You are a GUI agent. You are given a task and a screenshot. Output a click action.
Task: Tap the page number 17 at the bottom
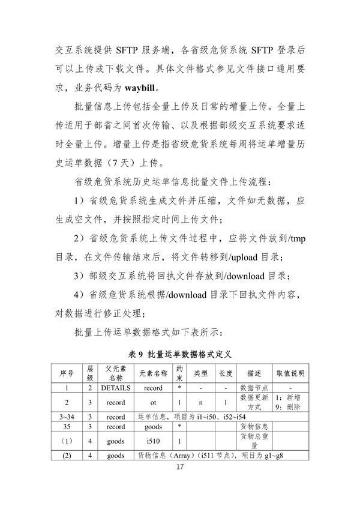pyautogui.click(x=179, y=467)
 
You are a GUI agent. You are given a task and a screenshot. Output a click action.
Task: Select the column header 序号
pyautogui.click(x=67, y=373)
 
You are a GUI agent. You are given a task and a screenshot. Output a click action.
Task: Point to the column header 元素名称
pyautogui.click(x=153, y=373)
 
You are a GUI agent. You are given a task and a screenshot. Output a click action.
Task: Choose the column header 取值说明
pyautogui.click(x=290, y=373)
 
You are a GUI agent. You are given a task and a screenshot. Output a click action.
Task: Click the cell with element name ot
pyautogui.click(x=153, y=402)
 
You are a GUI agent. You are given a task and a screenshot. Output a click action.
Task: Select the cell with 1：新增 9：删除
pyautogui.click(x=290, y=402)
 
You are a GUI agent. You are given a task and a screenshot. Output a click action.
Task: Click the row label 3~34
pyautogui.click(x=67, y=416)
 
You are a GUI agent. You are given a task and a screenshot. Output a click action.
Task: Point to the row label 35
pyautogui.click(x=67, y=426)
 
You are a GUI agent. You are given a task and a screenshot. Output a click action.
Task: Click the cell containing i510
pyautogui.click(x=153, y=440)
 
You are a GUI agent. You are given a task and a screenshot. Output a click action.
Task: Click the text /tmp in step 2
pyautogui.click(x=295, y=240)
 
